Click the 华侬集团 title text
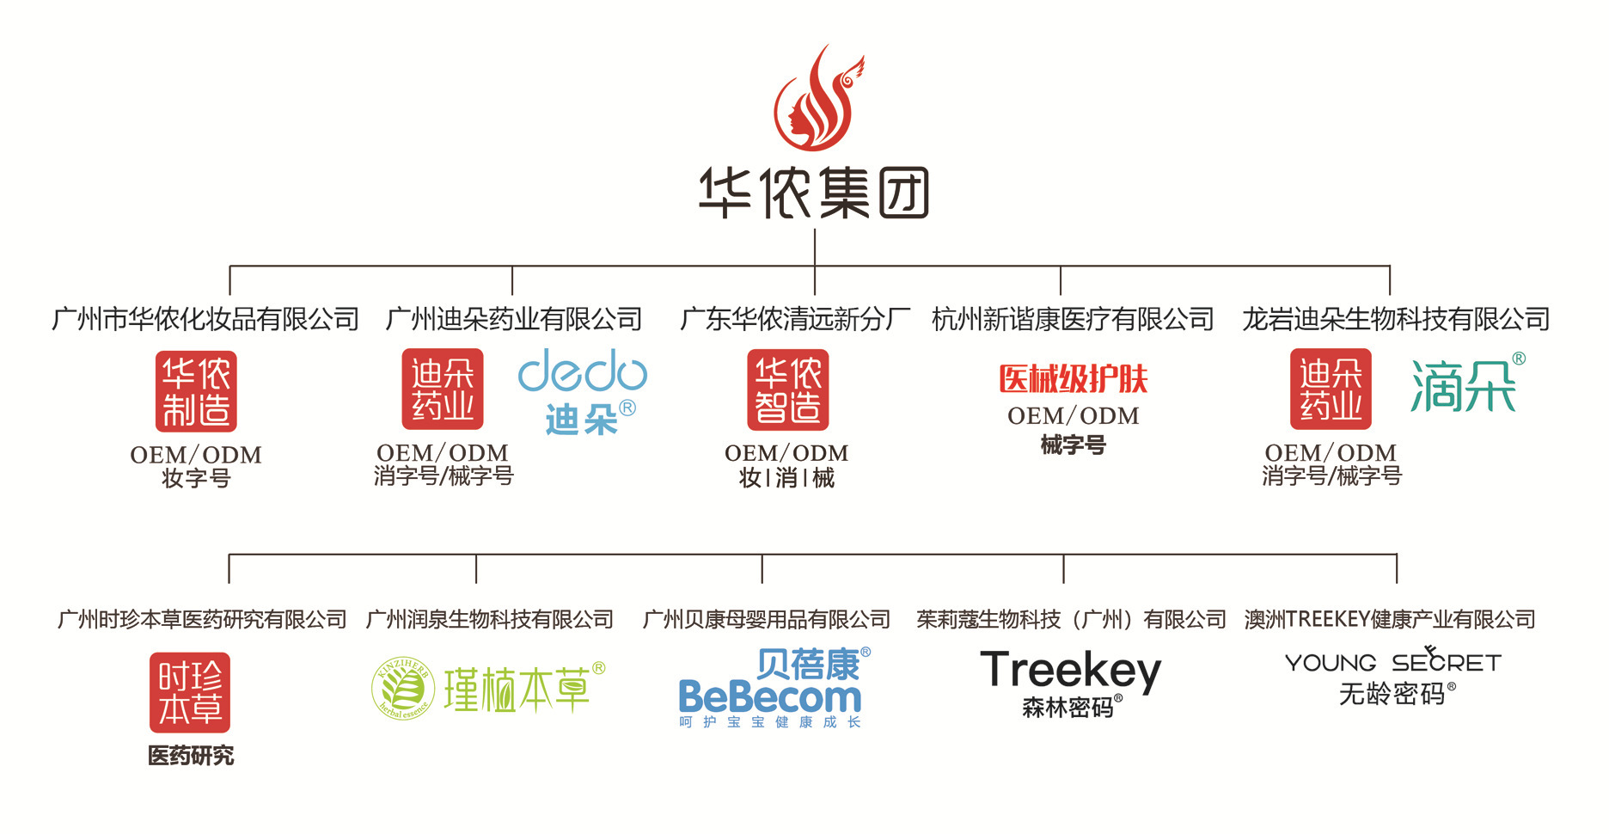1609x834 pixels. click(x=813, y=193)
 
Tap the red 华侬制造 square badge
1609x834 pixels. click(x=196, y=391)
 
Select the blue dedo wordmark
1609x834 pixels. click(x=582, y=371)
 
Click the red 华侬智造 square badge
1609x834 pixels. click(x=787, y=389)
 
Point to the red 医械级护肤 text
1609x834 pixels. click(x=1073, y=379)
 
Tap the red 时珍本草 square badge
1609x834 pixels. click(x=190, y=693)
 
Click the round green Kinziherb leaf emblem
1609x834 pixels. click(x=401, y=689)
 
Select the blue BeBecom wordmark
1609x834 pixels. click(x=769, y=697)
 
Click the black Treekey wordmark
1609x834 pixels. click(x=1070, y=671)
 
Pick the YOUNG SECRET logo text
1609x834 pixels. click(x=1392, y=662)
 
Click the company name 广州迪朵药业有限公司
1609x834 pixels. click(x=513, y=320)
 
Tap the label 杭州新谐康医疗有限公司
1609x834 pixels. click(x=1073, y=320)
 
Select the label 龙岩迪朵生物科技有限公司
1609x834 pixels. click(x=1395, y=320)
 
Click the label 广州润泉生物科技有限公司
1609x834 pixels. click(x=490, y=619)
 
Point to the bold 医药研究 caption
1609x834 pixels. click(x=191, y=756)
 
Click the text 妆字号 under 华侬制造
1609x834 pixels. click(x=196, y=478)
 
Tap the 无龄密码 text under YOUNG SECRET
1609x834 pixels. click(x=1392, y=694)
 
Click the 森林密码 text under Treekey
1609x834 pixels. click(x=1068, y=708)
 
